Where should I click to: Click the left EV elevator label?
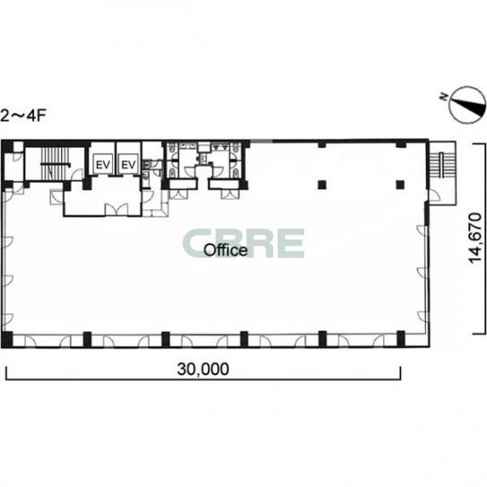[x=103, y=165]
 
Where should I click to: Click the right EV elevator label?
[x=129, y=165]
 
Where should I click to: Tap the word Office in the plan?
[x=226, y=250]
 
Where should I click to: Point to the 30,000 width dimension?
[x=203, y=370]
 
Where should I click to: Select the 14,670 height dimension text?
[x=475, y=238]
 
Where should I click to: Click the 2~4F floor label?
[x=23, y=116]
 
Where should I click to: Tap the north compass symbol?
[x=467, y=105]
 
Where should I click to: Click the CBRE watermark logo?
[x=243, y=243]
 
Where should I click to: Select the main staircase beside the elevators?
[x=55, y=163]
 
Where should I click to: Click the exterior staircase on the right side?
[x=442, y=166]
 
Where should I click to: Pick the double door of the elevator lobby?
[x=116, y=209]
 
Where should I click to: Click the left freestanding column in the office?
[x=322, y=185]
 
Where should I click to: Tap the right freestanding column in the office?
[x=400, y=185]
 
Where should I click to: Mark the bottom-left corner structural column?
[x=7, y=339]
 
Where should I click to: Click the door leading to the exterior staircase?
[x=434, y=196]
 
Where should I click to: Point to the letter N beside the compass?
[x=444, y=98]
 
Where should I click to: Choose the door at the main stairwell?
[x=77, y=175]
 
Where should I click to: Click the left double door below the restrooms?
[x=178, y=194]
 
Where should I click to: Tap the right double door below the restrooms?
[x=230, y=194]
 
